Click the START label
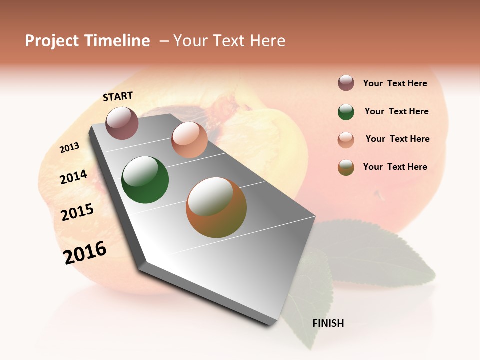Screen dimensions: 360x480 point(118,96)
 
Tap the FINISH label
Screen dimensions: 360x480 point(328,323)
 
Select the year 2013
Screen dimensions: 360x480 point(70,147)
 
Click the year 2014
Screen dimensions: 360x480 point(74,177)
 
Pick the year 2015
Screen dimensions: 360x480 point(77,212)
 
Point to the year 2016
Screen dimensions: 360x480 point(85,252)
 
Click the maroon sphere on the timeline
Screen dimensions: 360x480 point(122,123)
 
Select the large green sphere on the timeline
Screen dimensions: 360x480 point(145,180)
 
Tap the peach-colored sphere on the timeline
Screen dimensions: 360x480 point(189,140)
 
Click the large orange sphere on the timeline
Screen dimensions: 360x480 point(216,207)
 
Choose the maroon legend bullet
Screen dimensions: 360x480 point(346,83)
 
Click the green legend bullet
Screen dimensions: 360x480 point(346,112)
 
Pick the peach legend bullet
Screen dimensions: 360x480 point(346,140)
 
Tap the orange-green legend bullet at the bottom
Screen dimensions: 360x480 point(346,167)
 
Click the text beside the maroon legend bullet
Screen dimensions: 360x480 point(395,83)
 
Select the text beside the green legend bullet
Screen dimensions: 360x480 point(396,111)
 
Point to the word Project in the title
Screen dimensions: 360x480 point(52,41)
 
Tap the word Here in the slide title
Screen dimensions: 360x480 point(267,41)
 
